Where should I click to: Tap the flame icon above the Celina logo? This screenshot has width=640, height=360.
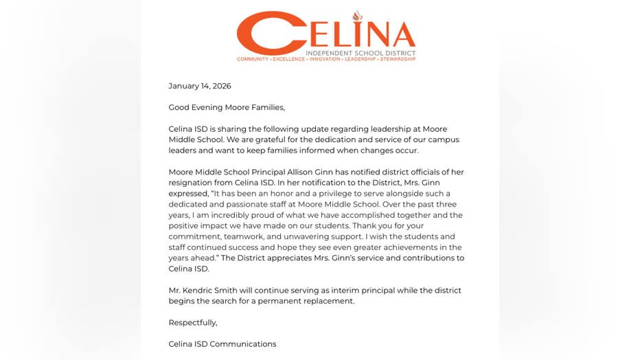pos(357,16)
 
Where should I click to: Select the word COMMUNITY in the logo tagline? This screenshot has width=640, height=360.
pos(252,60)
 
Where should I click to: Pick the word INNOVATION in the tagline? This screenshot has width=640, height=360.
pos(325,60)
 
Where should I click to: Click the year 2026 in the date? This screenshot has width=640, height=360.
pos(221,86)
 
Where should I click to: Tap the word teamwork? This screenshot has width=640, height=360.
pos(236,236)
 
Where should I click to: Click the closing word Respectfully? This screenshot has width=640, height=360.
pos(193,322)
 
